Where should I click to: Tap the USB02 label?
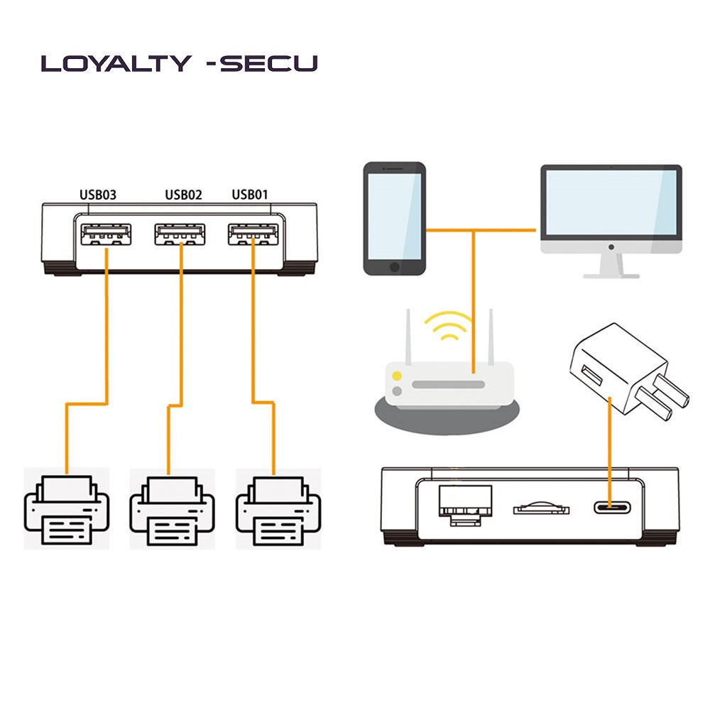184,195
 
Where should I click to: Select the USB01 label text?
250,195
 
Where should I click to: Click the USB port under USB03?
106,234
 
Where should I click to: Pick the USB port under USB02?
180,234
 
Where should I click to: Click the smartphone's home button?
395,266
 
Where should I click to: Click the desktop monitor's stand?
611,266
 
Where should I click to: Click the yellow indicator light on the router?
398,376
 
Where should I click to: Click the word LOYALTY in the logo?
116,64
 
